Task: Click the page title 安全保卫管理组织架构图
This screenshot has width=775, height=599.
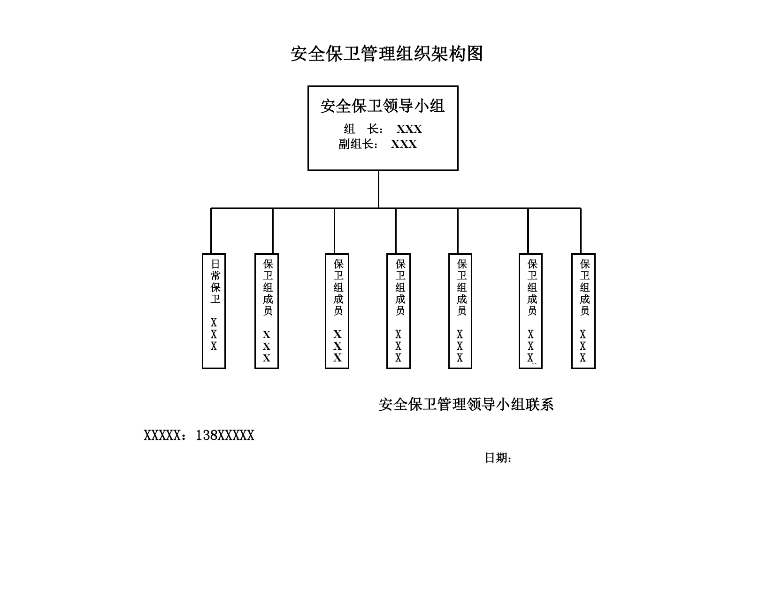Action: pyautogui.click(x=387, y=54)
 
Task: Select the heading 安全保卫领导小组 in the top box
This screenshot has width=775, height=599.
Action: pyautogui.click(x=382, y=106)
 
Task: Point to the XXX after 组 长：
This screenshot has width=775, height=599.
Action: pyautogui.click(x=409, y=129)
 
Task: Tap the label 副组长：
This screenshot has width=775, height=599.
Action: pyautogui.click(x=358, y=144)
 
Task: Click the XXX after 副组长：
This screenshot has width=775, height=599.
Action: pyautogui.click(x=404, y=144)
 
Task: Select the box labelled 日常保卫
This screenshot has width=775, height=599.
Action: pyautogui.click(x=214, y=311)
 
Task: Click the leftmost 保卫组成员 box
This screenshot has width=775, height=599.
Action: pyautogui.click(x=267, y=311)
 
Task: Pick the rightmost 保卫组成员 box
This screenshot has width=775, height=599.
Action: pyautogui.click(x=583, y=311)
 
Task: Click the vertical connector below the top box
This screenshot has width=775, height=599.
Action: pyautogui.click(x=378, y=189)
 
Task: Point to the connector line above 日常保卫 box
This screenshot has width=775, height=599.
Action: pyautogui.click(x=211, y=230)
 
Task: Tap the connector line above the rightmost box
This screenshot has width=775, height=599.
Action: pyautogui.click(x=581, y=230)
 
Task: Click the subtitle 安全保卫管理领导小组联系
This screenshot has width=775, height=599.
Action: pyautogui.click(x=466, y=404)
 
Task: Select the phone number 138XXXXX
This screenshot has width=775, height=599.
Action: pyautogui.click(x=225, y=435)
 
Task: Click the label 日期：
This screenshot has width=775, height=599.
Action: pyautogui.click(x=498, y=458)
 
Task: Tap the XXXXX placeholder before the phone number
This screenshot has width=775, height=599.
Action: pyautogui.click(x=162, y=435)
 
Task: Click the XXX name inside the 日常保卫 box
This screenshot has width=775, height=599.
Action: pyautogui.click(x=214, y=334)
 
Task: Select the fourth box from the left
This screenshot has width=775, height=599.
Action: pyautogui.click(x=399, y=311)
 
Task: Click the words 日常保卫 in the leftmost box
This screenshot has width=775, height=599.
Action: pyautogui.click(x=215, y=281)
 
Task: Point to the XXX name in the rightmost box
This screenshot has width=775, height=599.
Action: pyautogui.click(x=583, y=346)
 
